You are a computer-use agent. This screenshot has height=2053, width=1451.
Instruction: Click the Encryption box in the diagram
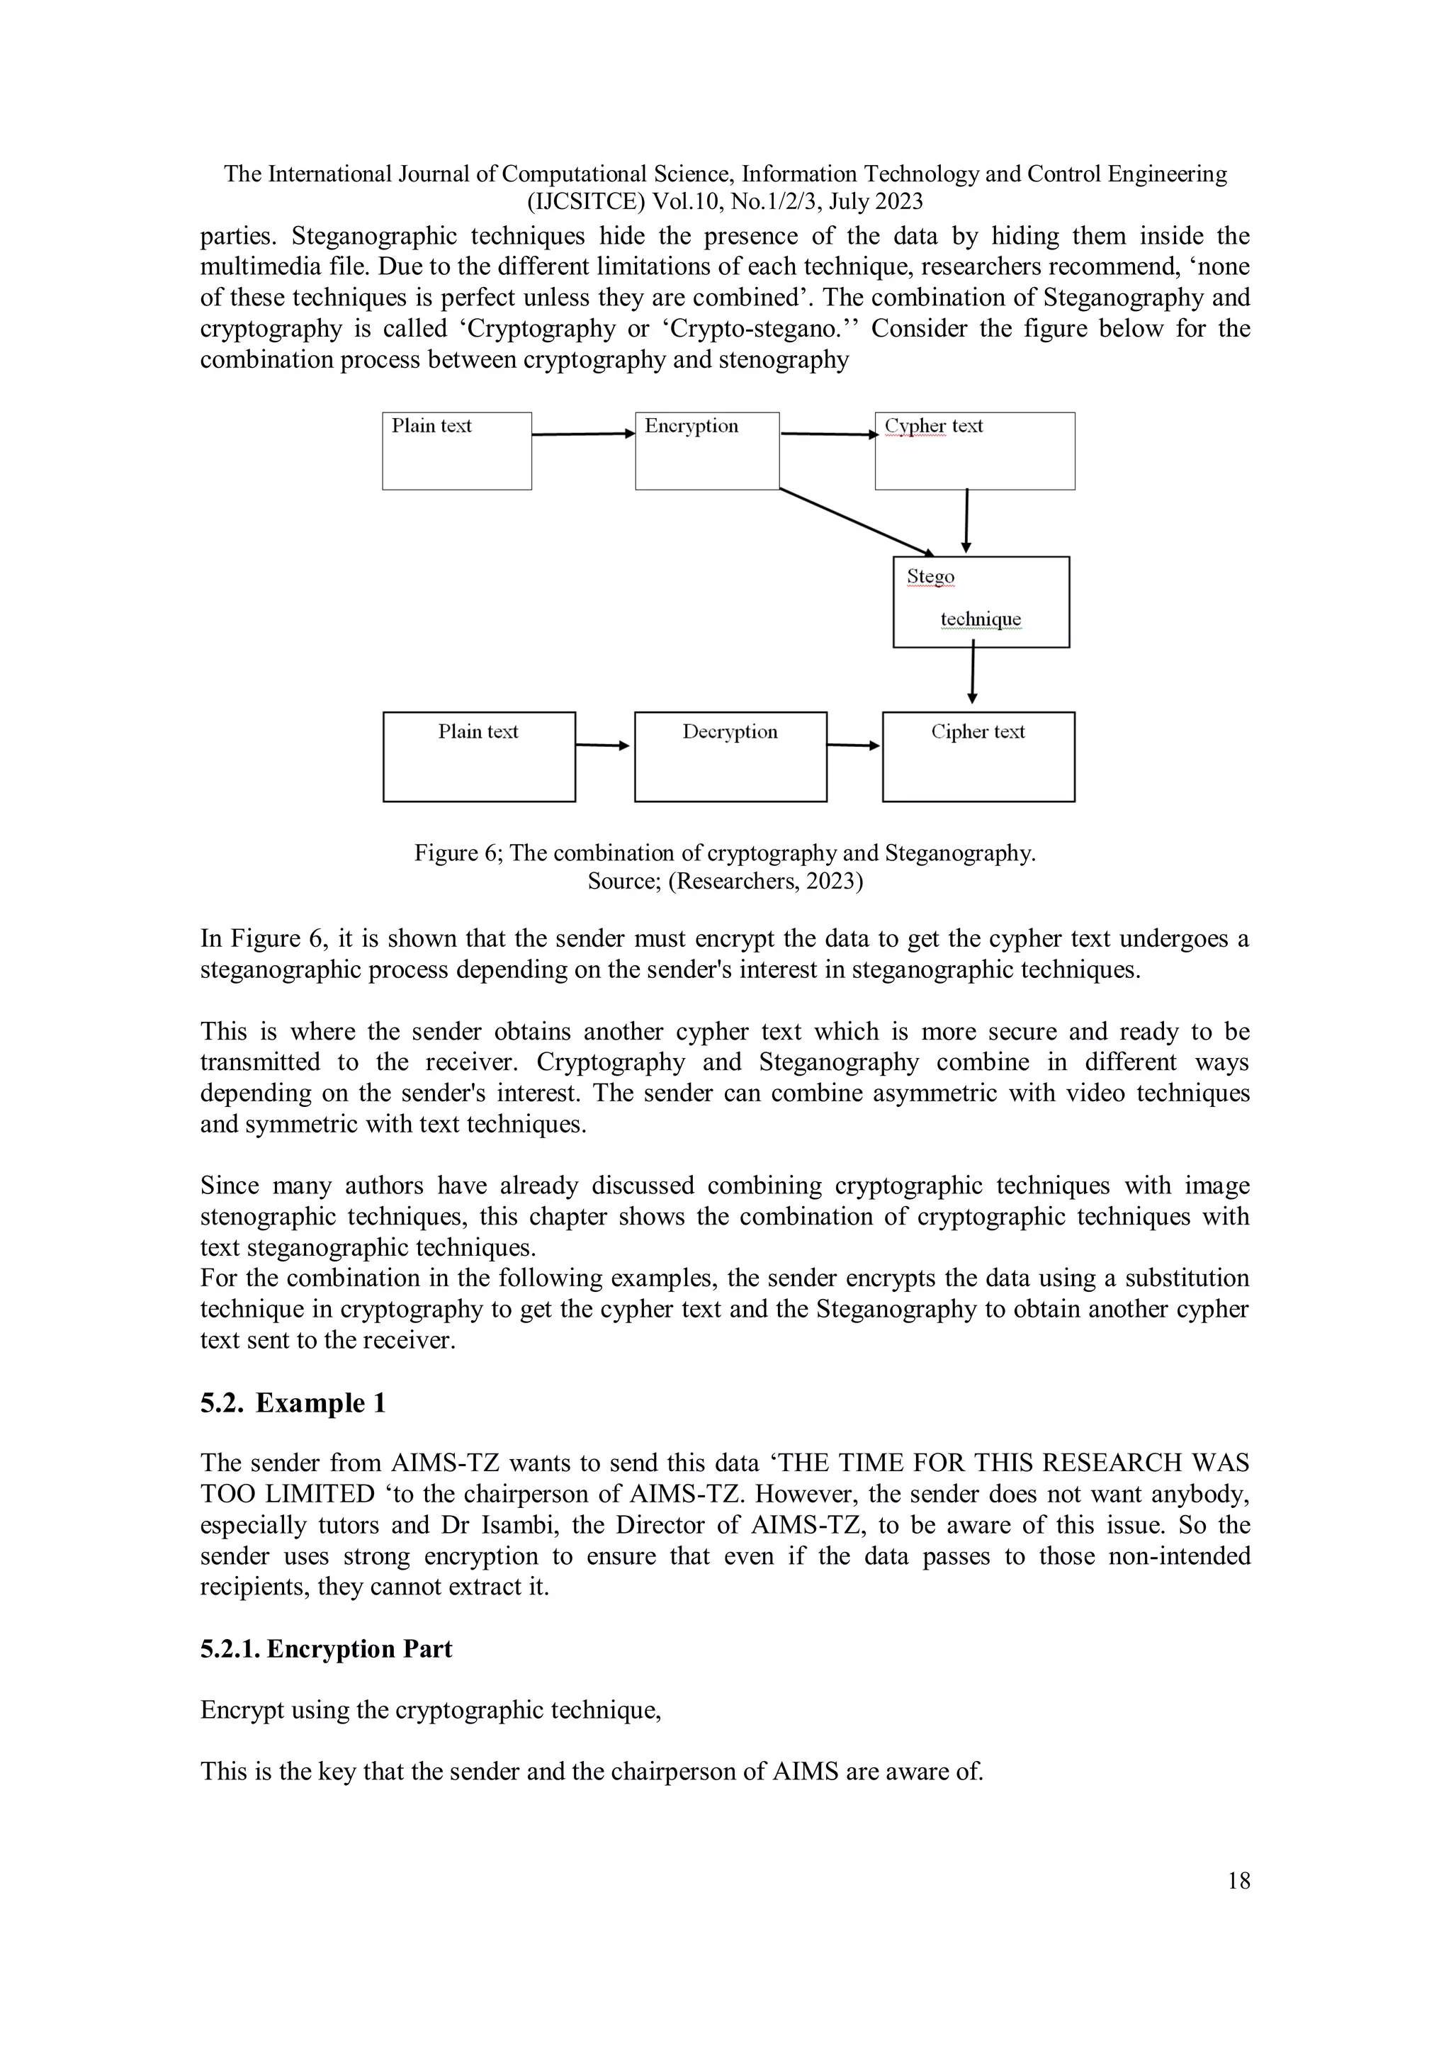point(707,451)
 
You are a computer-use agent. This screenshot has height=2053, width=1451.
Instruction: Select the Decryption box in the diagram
point(730,756)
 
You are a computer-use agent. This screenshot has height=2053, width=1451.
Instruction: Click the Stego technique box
point(981,602)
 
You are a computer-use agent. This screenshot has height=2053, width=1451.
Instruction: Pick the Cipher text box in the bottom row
point(978,756)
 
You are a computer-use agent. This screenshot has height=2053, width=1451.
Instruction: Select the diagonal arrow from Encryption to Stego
point(856,522)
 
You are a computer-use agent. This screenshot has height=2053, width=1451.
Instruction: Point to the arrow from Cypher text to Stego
point(966,522)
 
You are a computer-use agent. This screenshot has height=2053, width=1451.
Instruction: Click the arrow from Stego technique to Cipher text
point(973,676)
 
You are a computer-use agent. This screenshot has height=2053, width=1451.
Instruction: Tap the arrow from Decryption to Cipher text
point(854,745)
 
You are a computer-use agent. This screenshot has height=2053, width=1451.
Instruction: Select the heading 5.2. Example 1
point(293,1403)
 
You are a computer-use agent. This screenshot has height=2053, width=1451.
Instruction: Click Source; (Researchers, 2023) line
point(725,882)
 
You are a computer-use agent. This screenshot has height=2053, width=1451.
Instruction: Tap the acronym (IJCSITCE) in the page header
point(587,202)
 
